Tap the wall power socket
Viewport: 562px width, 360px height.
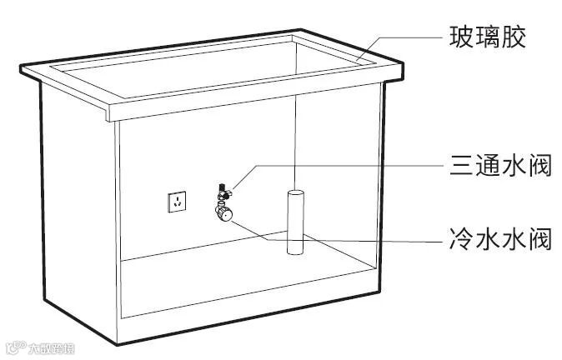pos(177,202)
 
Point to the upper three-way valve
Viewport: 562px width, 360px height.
pos(223,192)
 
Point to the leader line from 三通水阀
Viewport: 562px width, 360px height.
pos(334,166)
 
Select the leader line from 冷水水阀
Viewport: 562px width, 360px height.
pos(375,240)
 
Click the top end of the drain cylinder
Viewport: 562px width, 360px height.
pos(296,193)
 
